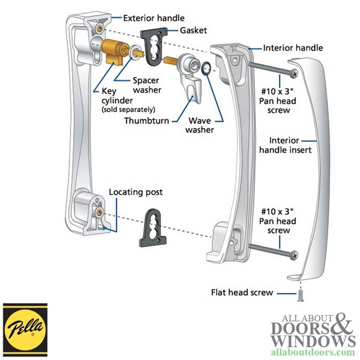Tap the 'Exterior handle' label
[154, 18]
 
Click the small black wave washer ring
[206, 69]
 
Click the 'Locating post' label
[136, 192]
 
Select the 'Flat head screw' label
[242, 292]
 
